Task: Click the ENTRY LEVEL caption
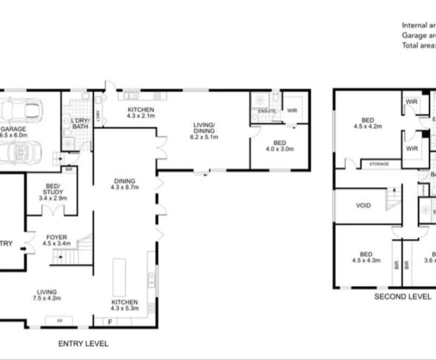click(x=83, y=344)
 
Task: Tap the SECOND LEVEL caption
click(x=402, y=296)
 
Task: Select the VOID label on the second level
click(x=363, y=206)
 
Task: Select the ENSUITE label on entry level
click(x=267, y=112)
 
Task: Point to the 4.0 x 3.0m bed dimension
click(x=280, y=149)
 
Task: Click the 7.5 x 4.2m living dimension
click(x=47, y=298)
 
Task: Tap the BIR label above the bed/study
click(x=69, y=169)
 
